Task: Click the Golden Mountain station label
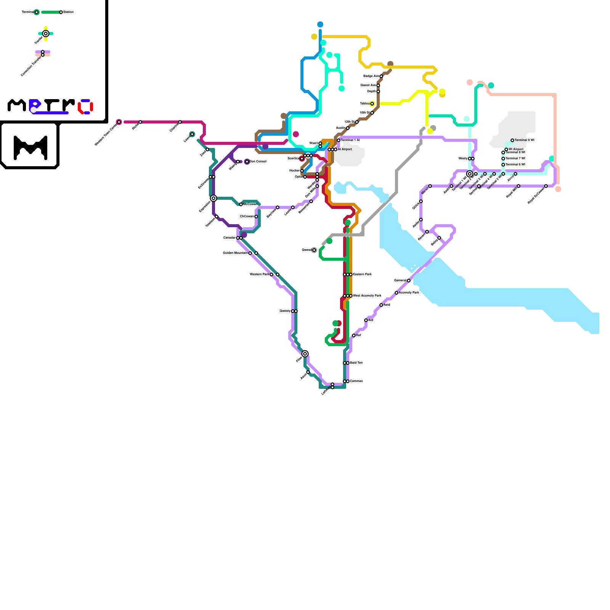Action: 235,253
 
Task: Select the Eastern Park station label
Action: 362,274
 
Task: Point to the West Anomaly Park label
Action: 367,296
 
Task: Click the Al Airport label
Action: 345,149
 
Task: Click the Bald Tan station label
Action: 356,363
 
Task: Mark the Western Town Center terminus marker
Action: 119,122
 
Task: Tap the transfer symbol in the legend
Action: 46,34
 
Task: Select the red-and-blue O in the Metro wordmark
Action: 86,107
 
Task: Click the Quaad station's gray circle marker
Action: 314,250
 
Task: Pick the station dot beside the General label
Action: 409,281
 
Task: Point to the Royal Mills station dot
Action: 518,186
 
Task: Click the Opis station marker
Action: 305,177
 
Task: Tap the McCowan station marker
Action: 241,204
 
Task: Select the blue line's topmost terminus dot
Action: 320,24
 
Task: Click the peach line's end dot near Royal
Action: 558,189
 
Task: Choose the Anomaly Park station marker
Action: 396,293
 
